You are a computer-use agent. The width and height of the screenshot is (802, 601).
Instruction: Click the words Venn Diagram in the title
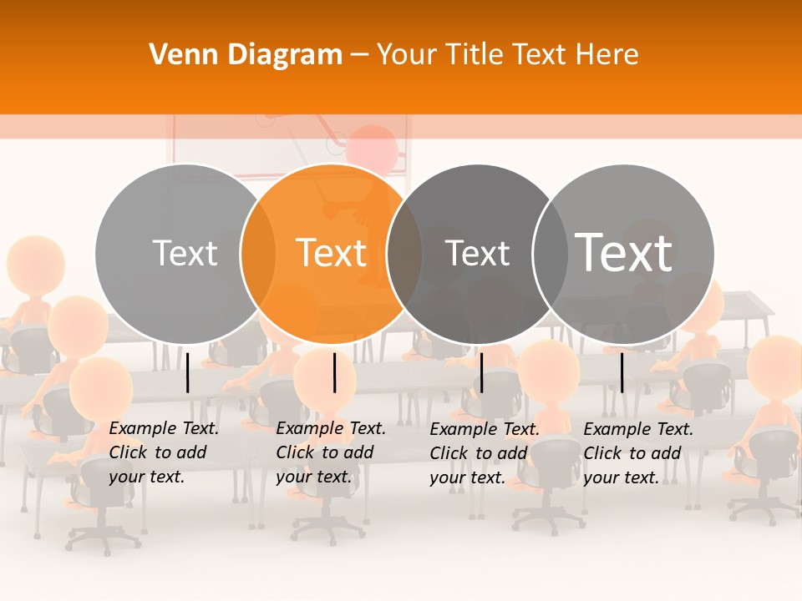[x=246, y=55]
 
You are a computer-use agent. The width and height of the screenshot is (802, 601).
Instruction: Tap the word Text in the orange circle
[x=331, y=253]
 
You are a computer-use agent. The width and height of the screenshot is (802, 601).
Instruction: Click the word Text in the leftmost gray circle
[x=185, y=253]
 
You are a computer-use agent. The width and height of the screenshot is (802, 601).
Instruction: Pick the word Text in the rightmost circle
[x=624, y=253]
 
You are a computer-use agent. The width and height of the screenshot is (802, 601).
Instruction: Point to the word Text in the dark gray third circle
[x=477, y=253]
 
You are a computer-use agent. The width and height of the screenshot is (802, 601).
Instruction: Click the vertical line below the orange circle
[x=334, y=372]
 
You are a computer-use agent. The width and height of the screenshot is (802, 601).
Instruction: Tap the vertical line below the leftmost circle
[x=188, y=372]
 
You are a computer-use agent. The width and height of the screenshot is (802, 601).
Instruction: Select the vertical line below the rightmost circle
[x=622, y=372]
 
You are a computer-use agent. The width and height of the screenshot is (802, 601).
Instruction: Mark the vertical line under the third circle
[x=481, y=372]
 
